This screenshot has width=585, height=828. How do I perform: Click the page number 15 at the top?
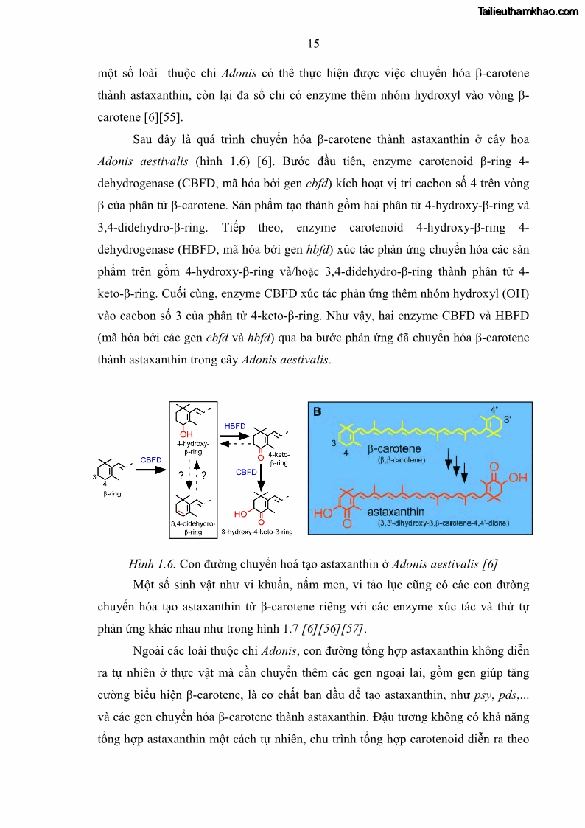pyautogui.click(x=313, y=44)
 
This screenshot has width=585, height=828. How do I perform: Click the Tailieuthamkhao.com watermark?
pyautogui.click(x=528, y=12)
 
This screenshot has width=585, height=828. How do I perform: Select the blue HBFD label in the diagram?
pyautogui.click(x=235, y=426)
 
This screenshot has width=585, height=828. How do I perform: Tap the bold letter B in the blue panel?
pyautogui.click(x=317, y=411)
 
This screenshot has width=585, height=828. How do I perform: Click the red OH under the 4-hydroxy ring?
pyautogui.click(x=186, y=434)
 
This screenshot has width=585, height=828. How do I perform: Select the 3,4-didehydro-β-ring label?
pyautogui.click(x=192, y=526)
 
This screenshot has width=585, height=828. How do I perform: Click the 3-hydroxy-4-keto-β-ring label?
pyautogui.click(x=257, y=531)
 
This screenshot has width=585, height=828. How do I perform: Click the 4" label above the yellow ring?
pyautogui.click(x=494, y=409)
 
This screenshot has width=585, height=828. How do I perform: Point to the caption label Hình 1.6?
pyautogui.click(x=152, y=564)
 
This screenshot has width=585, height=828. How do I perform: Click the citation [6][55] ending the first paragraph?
pyautogui.click(x=158, y=117)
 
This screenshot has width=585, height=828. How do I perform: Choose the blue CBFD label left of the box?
pyautogui.click(x=151, y=460)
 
